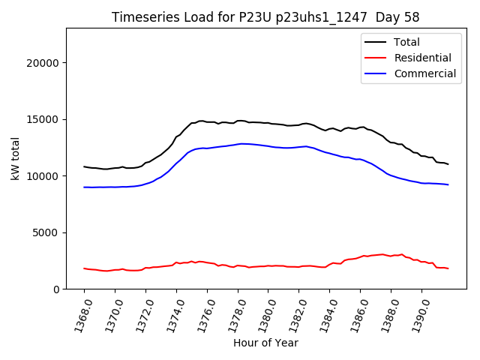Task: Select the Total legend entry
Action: pyautogui.click(x=406, y=42)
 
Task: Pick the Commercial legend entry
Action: pyautogui.click(x=424, y=73)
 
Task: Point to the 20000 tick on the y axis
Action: pyautogui.click(x=43, y=63)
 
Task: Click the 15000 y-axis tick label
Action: pyautogui.click(x=43, y=119)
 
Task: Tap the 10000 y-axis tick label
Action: pyautogui.click(x=43, y=176)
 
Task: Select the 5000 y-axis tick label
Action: pyautogui.click(x=46, y=232)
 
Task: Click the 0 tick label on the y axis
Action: pyautogui.click(x=56, y=289)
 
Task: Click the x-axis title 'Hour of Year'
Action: pyautogui.click(x=265, y=343)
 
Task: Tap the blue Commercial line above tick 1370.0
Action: pyautogui.click(x=115, y=187)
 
